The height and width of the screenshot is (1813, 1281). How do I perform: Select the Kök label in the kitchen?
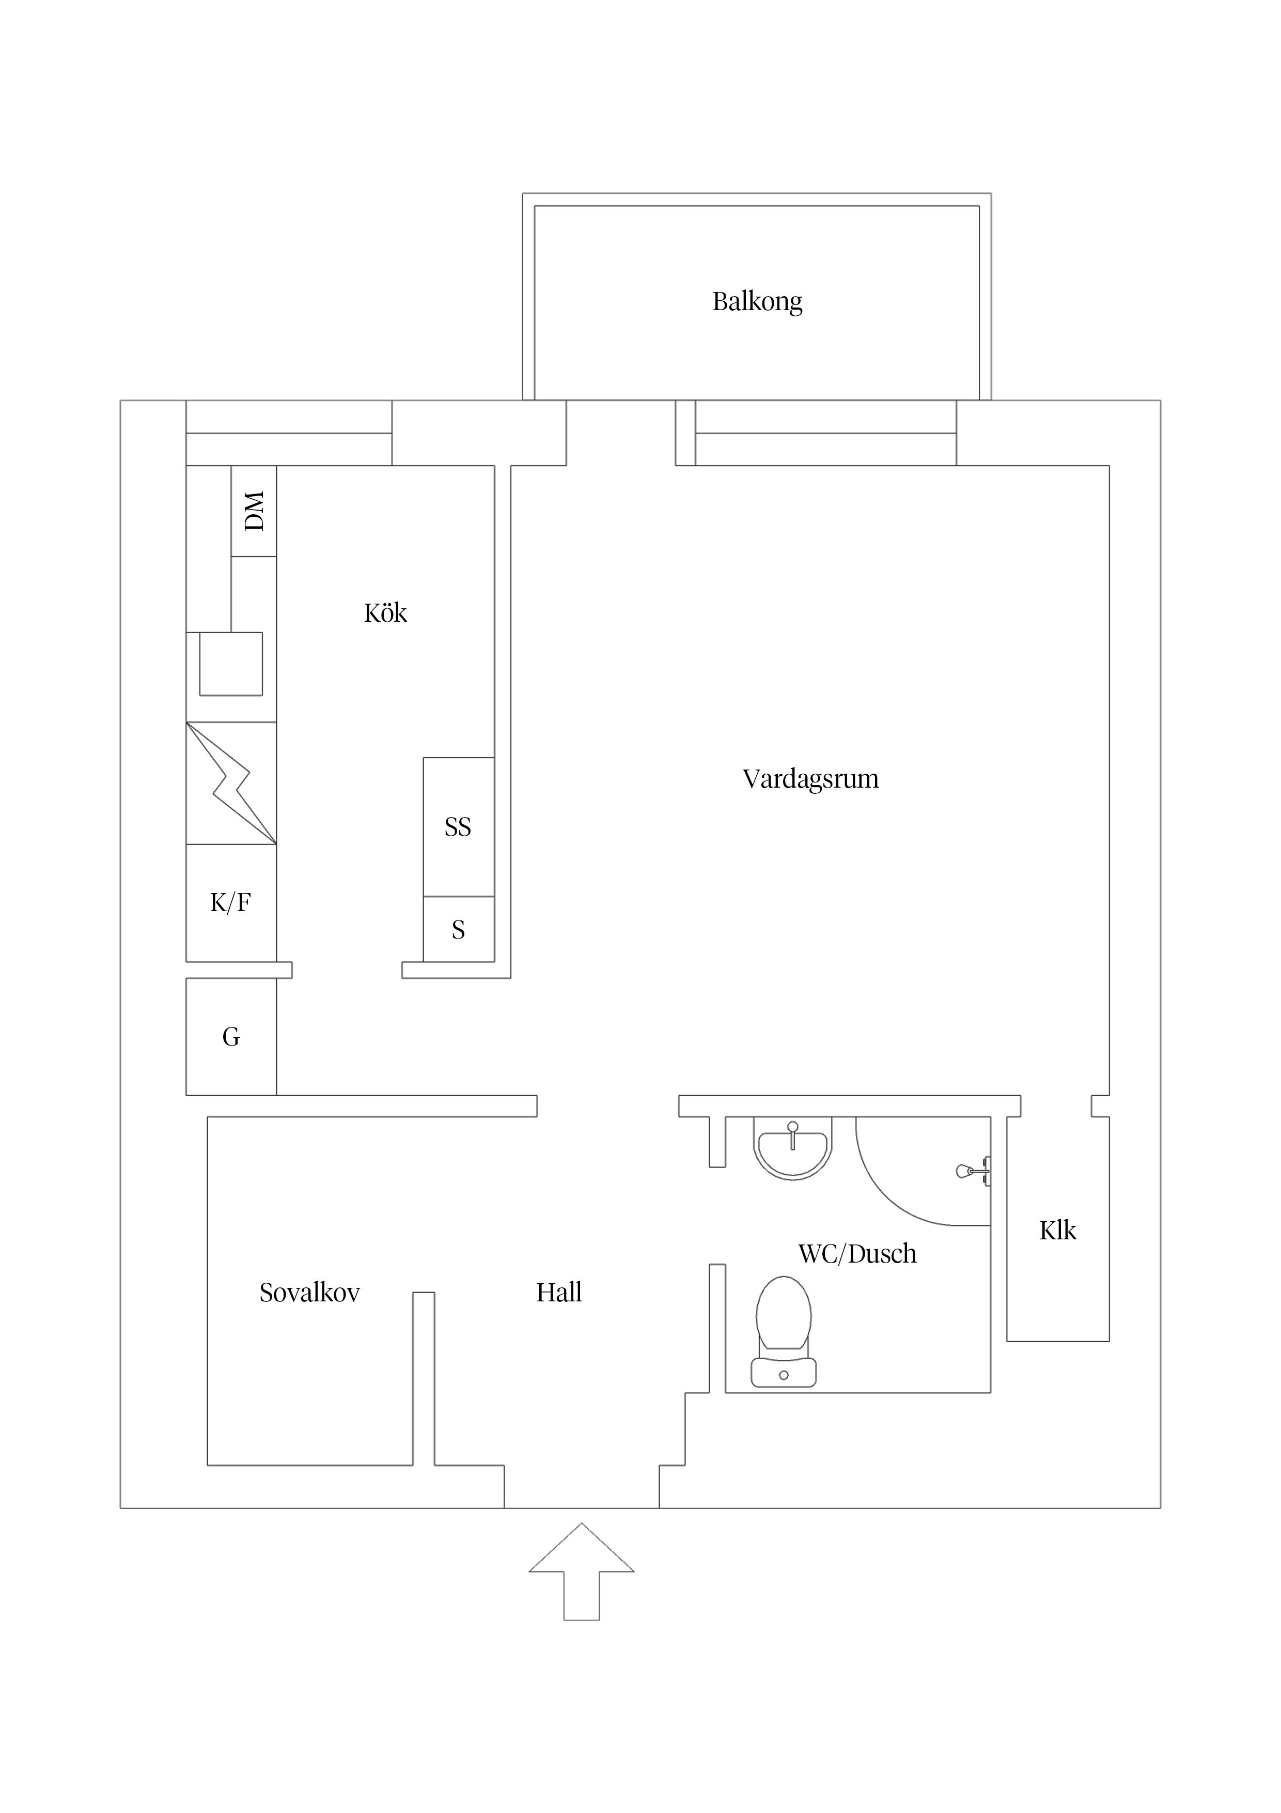[x=385, y=613]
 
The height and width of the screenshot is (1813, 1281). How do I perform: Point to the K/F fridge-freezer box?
[x=230, y=902]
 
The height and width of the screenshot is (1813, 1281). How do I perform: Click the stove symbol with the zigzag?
[x=230, y=783]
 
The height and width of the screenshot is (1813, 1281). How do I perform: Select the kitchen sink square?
[x=230, y=663]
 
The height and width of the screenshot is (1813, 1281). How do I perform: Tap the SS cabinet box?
[x=458, y=827]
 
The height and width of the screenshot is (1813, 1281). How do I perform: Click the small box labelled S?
[x=458, y=929]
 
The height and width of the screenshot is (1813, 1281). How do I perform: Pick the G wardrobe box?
[x=230, y=1037]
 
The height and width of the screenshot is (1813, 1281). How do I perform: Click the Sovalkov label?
[x=309, y=1293]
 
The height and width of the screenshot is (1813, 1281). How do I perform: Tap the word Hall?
[x=559, y=1293]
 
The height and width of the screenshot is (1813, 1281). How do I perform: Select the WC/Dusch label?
[x=857, y=1254]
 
